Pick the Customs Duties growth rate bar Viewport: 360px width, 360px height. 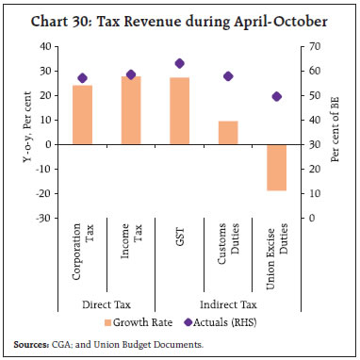(x=227, y=133)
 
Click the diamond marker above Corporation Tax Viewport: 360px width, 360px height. (x=82, y=78)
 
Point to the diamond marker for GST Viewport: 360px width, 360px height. (x=179, y=63)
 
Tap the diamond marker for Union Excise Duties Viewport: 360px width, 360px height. (x=276, y=96)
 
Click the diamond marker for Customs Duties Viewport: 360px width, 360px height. (x=227, y=76)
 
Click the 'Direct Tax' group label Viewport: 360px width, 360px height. (x=106, y=305)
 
